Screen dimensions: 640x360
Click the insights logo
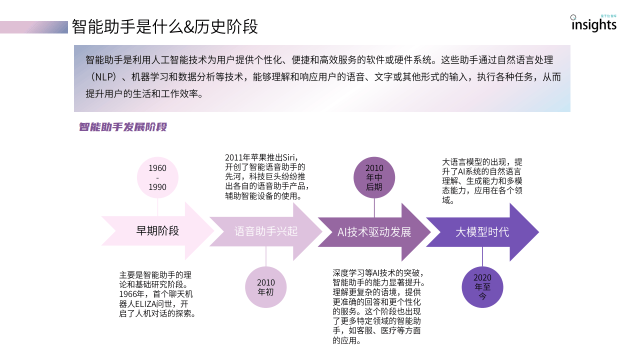point(593,23)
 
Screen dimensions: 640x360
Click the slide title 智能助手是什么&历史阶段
point(164,26)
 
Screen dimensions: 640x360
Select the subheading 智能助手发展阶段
point(122,127)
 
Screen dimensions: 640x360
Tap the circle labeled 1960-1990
point(157,177)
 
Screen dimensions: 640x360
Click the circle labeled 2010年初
point(265,287)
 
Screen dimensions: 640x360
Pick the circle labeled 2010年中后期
point(374,177)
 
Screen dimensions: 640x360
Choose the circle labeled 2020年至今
point(482,287)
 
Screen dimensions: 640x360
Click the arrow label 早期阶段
point(157,231)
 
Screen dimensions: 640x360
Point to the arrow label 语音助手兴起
point(266,231)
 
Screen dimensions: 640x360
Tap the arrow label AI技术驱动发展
point(374,232)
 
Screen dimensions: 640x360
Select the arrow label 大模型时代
point(482,232)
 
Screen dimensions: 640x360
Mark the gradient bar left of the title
point(34,27)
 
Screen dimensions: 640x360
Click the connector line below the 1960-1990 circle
point(157,207)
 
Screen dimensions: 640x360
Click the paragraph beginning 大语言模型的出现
point(482,181)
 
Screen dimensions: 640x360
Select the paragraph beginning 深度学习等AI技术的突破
point(378,306)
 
